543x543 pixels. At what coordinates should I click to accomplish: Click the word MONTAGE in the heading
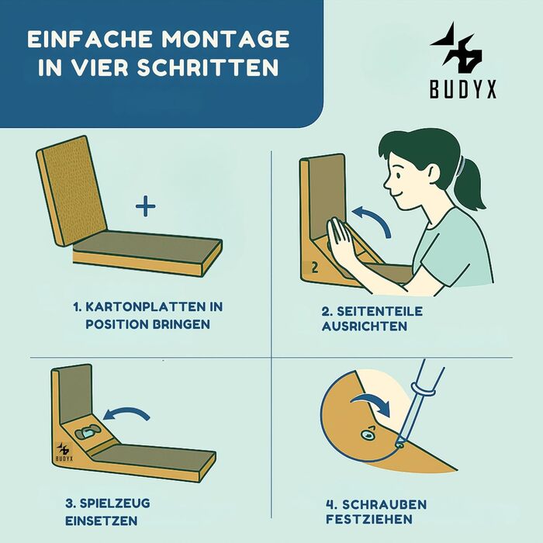pos(225,39)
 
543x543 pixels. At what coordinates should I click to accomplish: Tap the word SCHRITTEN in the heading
pos(207,67)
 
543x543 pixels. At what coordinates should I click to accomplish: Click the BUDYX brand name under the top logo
pos(463,89)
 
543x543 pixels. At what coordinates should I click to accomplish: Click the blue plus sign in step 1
pos(146,206)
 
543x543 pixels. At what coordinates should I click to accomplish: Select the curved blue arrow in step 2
pos(375,217)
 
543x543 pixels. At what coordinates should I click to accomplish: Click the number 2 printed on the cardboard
pos(314,268)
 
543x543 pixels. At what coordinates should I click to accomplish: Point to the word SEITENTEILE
pos(379,311)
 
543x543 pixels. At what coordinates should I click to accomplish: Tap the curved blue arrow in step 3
pos(126,411)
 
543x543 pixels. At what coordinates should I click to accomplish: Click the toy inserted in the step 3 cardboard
pos(88,432)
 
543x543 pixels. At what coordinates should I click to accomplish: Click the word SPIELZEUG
pos(115,503)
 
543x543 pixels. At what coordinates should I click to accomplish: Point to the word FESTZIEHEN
pos(368,520)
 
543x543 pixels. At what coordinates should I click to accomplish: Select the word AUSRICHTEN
pos(365,327)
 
